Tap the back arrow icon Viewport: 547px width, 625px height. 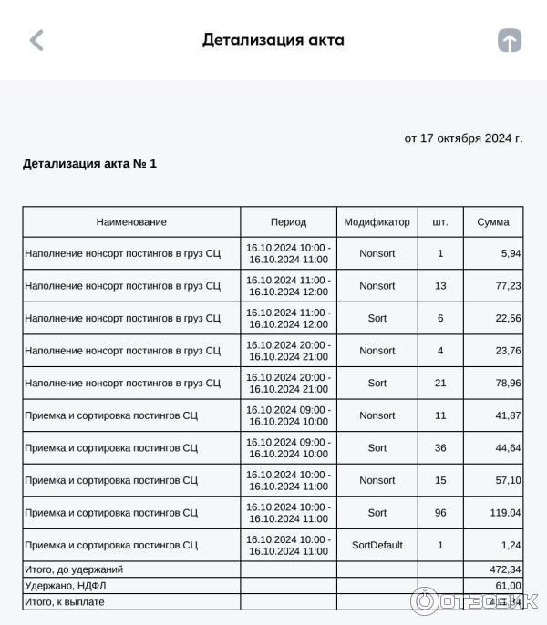tap(36, 40)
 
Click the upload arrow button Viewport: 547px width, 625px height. tap(509, 40)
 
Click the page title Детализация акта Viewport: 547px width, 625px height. tap(273, 40)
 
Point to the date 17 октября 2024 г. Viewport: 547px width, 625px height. tap(463, 138)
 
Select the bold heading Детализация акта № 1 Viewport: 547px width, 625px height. tap(89, 164)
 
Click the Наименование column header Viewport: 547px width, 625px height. tap(131, 221)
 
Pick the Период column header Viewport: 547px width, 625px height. tap(288, 221)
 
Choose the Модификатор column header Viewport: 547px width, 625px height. tap(377, 221)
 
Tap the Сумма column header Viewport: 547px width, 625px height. tap(493, 221)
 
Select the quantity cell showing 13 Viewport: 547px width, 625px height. tap(440, 286)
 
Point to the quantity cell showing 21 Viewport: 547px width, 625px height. tap(440, 383)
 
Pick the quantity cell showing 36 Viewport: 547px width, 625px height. tap(440, 447)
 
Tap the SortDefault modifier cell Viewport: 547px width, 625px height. tap(377, 545)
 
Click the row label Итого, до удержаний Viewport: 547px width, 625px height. tap(74, 569)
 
